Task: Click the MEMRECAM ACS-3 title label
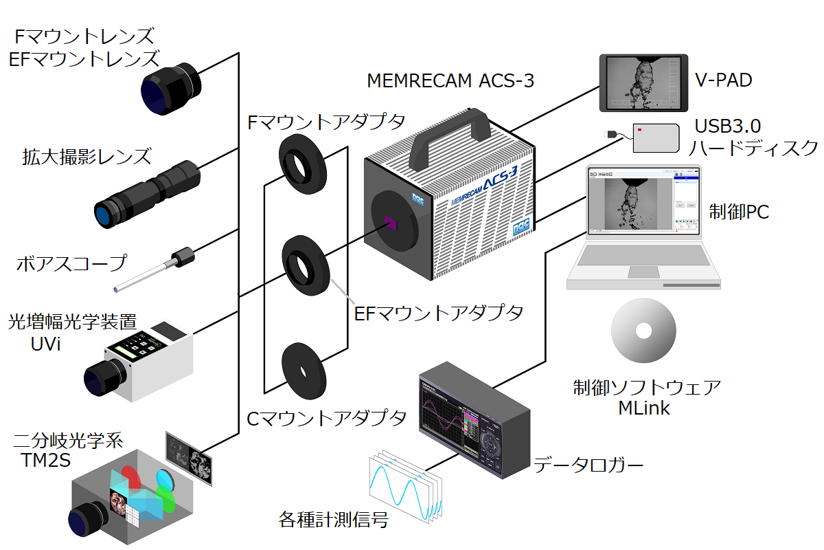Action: click(450, 80)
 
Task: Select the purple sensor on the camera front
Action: click(391, 223)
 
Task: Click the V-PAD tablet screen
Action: click(643, 83)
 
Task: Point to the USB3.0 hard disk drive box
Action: click(656, 137)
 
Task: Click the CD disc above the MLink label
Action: click(643, 331)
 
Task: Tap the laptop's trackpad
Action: click(643, 272)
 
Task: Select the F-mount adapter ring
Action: click(302, 164)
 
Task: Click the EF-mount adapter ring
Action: click(306, 265)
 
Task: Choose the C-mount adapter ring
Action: click(304, 371)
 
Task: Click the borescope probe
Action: click(154, 269)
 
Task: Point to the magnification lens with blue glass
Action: click(147, 194)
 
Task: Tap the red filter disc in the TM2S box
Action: click(131, 479)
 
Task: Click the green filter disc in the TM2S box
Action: click(165, 499)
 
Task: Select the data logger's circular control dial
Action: click(490, 445)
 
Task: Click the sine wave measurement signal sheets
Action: click(406, 486)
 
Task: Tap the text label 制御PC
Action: click(739, 212)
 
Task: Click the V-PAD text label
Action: click(723, 80)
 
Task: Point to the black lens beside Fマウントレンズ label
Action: click(171, 89)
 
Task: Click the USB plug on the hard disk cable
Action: click(610, 134)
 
